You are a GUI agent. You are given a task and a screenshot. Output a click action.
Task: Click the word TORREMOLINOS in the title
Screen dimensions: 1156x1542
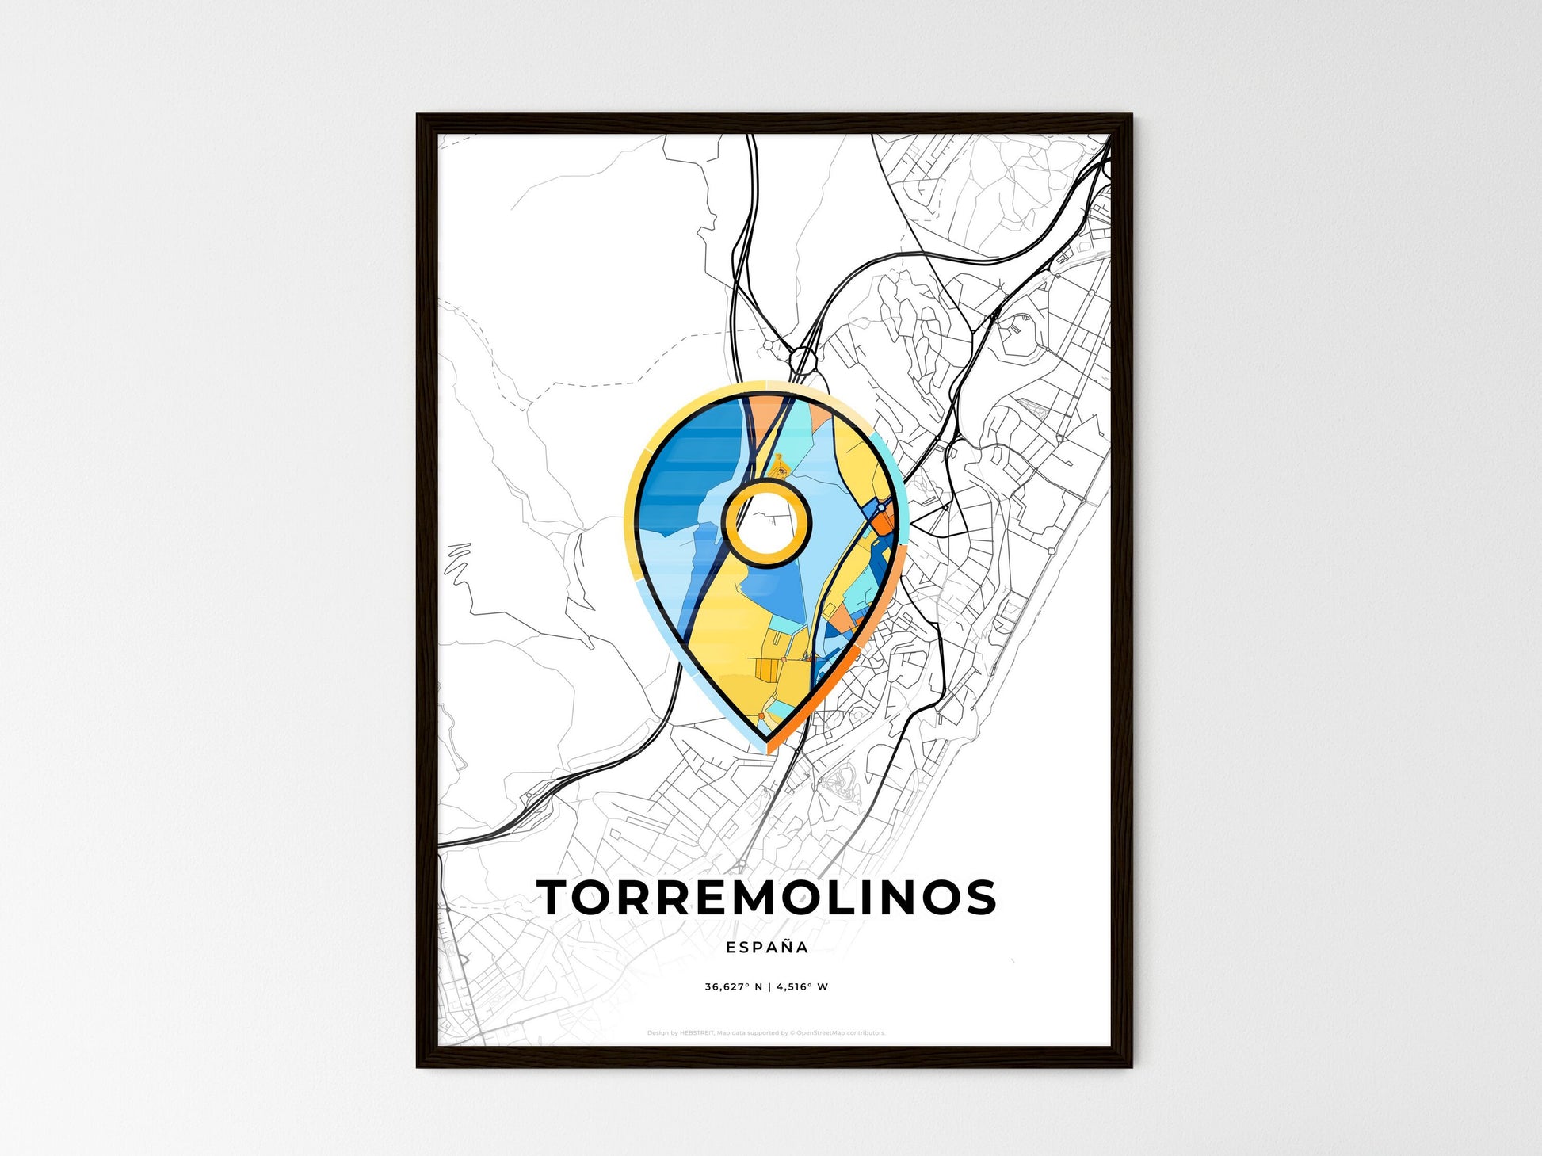coord(766,897)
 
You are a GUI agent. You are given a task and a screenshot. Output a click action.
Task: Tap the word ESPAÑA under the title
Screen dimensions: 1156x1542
coord(766,947)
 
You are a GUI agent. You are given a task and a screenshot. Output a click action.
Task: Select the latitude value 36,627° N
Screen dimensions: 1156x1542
coord(733,987)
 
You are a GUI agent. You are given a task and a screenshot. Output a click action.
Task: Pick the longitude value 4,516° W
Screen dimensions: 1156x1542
coord(802,987)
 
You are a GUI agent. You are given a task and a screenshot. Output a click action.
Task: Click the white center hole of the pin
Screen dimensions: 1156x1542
coord(766,523)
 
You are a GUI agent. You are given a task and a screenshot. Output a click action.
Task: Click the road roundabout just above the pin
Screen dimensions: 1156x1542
coord(803,361)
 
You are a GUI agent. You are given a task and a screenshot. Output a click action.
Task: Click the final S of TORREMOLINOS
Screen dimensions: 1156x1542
coord(980,897)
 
